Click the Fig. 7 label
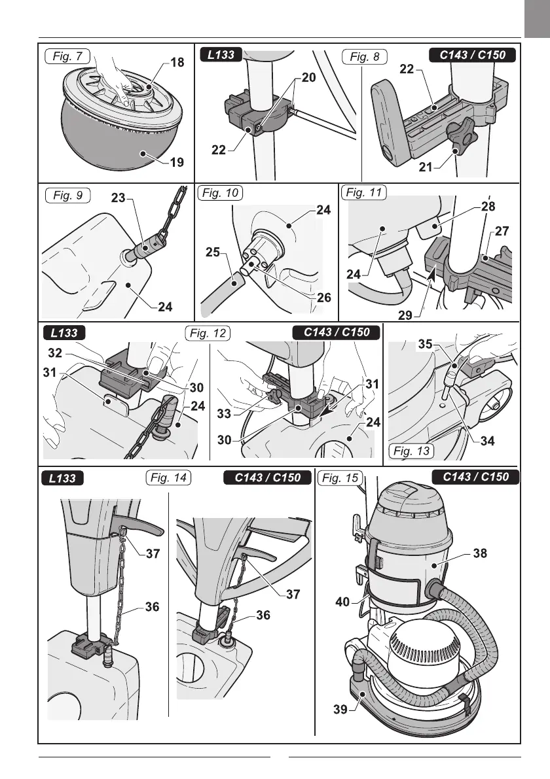(68, 56)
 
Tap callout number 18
(177, 63)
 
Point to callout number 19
(177, 162)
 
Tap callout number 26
(323, 298)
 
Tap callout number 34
(487, 441)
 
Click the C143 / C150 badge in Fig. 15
(476, 477)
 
